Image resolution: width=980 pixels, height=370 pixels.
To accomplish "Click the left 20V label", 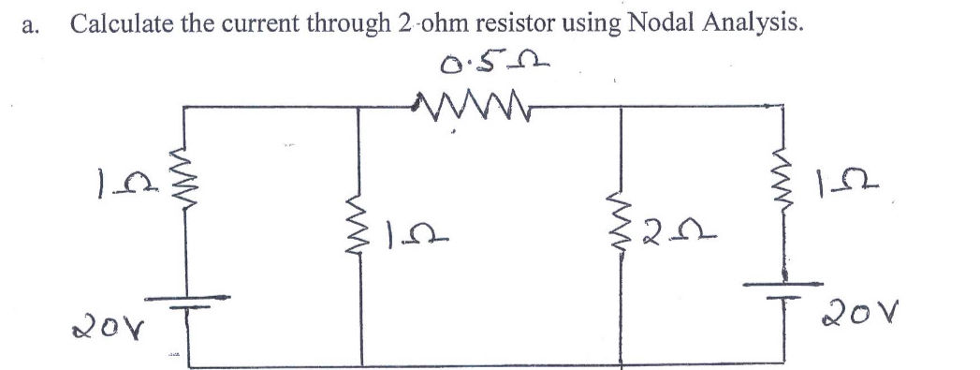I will click(96, 329).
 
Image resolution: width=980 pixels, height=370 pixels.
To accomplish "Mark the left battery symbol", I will click(183, 303).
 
